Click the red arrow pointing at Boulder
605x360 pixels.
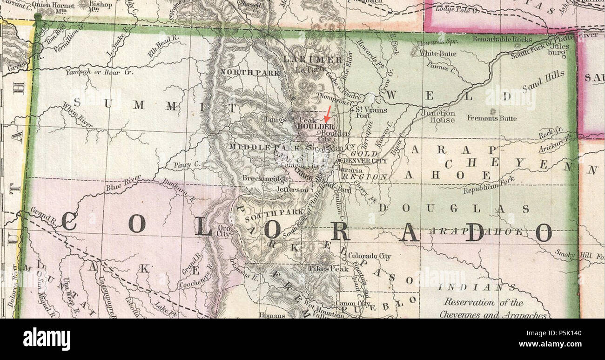(328, 114)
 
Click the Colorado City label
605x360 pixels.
(370, 256)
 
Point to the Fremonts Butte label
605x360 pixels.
(491, 118)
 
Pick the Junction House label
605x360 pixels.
(438, 116)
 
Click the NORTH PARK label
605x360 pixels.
(250, 73)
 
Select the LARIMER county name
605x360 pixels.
(313, 60)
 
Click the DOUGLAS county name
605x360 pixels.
(453, 209)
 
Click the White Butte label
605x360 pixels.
(438, 54)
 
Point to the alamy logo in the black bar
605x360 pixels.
(47, 339)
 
